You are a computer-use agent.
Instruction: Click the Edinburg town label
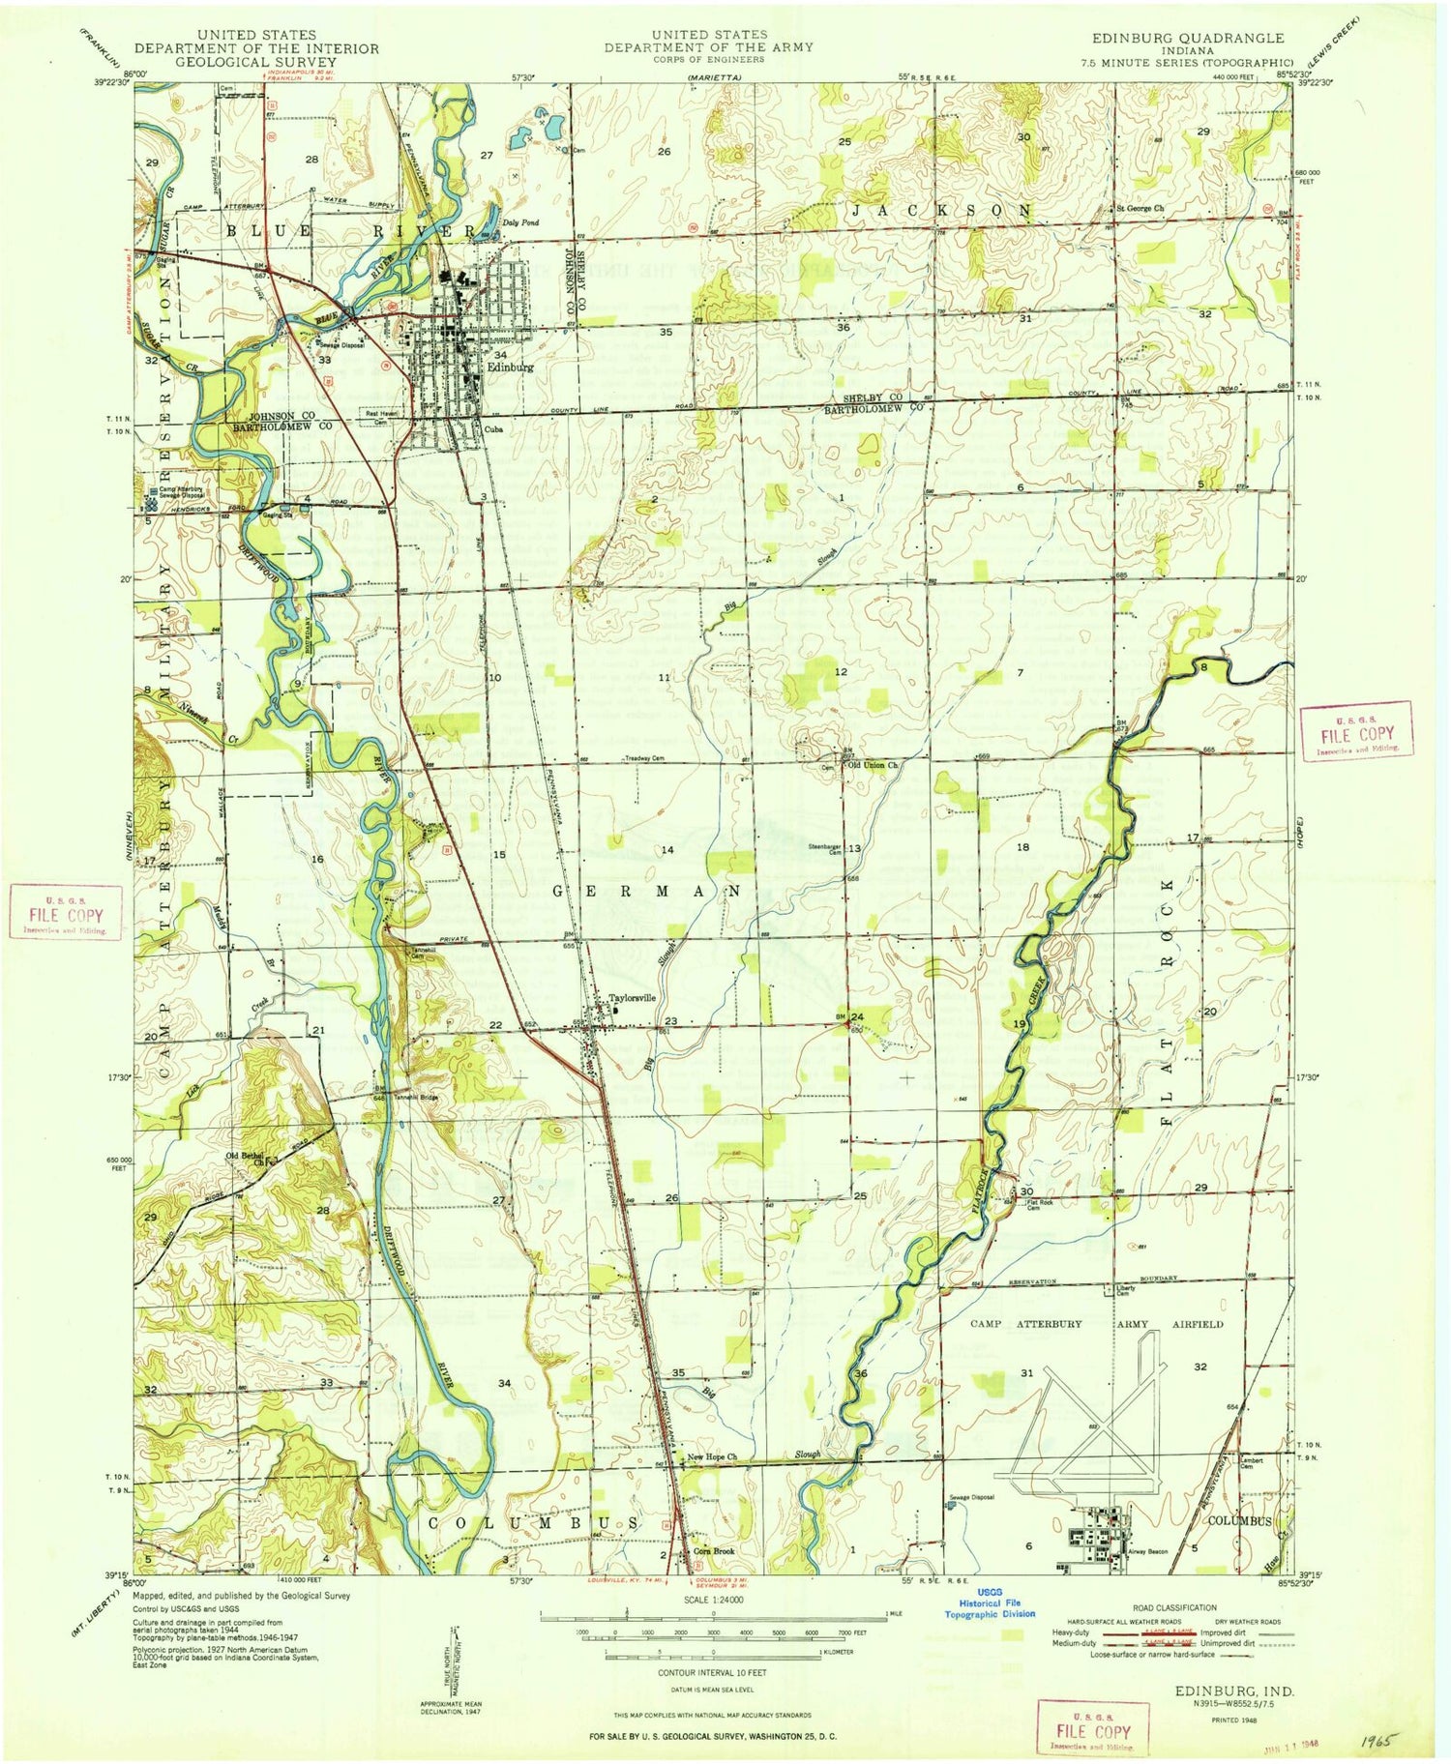pyautogui.click(x=510, y=367)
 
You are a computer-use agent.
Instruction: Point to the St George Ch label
pyautogui.click(x=1140, y=208)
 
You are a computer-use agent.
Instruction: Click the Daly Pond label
pyautogui.click(x=520, y=222)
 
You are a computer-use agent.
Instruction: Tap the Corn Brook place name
pyautogui.click(x=714, y=1551)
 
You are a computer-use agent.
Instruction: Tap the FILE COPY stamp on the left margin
pyautogui.click(x=66, y=912)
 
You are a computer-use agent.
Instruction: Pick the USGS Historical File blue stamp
pyautogui.click(x=990, y=1607)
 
